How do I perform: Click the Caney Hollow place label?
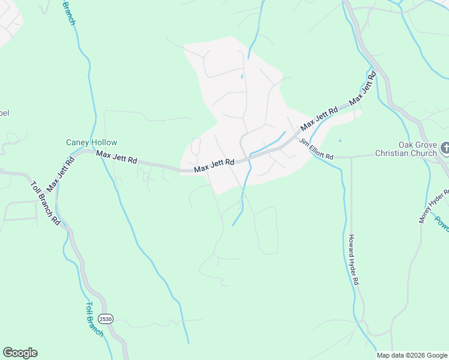click(91, 143)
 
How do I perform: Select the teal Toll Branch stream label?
click(95, 319)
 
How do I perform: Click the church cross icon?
click(445, 148)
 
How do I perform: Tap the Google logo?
click(20, 353)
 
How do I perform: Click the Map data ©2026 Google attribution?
click(412, 355)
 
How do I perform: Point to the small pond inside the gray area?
click(242, 77)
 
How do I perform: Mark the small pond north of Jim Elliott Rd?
click(340, 141)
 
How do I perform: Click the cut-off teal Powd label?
click(442, 223)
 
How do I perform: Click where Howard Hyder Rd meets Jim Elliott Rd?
click(351, 158)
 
